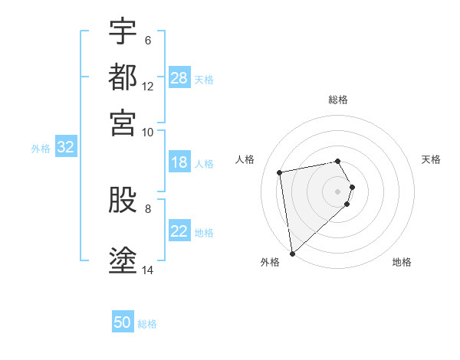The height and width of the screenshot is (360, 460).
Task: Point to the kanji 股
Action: (123, 201)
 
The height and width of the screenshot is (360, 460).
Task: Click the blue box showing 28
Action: (179, 78)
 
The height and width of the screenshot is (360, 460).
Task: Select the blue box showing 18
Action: (179, 162)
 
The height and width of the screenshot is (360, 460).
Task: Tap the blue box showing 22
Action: (179, 231)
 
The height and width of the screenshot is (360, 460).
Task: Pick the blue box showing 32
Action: (65, 148)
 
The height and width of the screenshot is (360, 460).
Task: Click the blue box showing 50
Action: (123, 322)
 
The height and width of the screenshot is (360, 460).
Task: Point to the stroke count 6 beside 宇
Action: (147, 40)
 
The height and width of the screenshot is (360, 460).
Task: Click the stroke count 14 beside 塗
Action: (148, 270)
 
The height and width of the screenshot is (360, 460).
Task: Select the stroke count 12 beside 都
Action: (148, 86)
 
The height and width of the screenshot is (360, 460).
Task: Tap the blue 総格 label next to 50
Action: (147, 324)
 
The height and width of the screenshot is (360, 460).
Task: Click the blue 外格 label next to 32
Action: (41, 149)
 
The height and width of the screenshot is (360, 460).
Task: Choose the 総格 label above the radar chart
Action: (337, 100)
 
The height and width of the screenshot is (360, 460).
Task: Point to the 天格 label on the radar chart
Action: (431, 159)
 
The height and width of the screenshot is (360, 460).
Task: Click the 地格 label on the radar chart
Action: (402, 262)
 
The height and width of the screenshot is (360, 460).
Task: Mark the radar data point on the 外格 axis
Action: (292, 253)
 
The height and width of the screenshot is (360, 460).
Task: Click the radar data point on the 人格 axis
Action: (280, 172)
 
